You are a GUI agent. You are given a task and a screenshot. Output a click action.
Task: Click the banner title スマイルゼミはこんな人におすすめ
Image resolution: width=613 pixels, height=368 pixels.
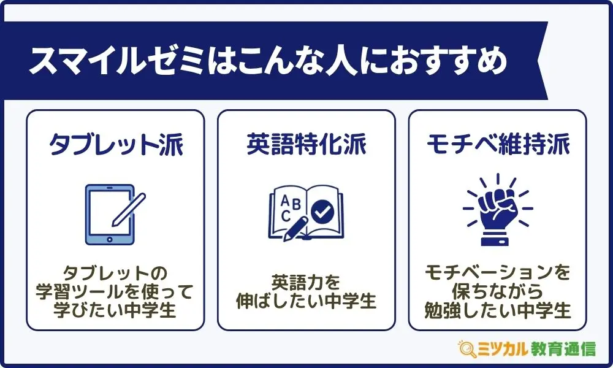[x=268, y=61]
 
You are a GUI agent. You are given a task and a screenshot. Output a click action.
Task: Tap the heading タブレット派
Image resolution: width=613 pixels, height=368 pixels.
[x=116, y=144]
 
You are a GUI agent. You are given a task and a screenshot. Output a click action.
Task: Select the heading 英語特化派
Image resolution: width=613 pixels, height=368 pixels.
[x=306, y=144]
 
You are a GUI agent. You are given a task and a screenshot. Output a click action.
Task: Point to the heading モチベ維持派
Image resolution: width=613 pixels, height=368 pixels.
[x=498, y=144]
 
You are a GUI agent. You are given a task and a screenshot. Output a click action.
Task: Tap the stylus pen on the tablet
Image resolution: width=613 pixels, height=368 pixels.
[x=129, y=210]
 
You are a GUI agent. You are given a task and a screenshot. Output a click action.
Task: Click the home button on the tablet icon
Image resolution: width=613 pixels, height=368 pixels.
[x=110, y=239]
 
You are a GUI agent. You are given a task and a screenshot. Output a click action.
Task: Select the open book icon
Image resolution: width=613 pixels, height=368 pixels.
[x=306, y=213]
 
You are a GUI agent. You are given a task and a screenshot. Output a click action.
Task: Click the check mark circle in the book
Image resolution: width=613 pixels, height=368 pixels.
[x=322, y=212]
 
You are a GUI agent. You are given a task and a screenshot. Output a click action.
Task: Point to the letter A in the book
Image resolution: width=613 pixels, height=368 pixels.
[x=286, y=201]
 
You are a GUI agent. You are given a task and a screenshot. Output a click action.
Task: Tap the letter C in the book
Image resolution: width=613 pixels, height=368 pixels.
[x=286, y=216]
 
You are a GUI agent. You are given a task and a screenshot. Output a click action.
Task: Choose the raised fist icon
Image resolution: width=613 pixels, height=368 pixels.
[x=498, y=210]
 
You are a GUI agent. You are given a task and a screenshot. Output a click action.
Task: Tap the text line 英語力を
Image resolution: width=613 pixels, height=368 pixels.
[x=306, y=282]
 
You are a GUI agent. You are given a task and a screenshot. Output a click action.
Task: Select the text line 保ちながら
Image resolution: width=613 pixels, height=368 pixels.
[x=498, y=291]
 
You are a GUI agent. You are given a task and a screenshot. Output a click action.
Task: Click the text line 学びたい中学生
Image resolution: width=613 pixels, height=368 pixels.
[x=115, y=310]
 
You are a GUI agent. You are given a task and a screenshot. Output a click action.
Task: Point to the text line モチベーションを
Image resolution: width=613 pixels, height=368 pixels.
[x=498, y=272]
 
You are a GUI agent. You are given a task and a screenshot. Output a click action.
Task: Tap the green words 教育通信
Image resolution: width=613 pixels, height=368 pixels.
[x=563, y=349]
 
